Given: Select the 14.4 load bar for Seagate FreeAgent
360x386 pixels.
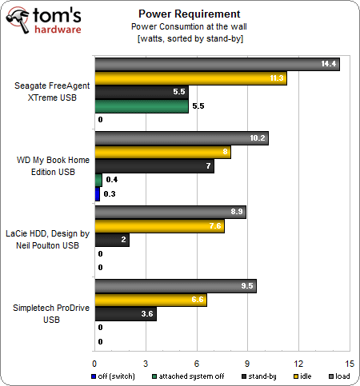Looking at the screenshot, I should pos(216,64).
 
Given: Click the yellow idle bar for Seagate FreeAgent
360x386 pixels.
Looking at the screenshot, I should pos(190,78).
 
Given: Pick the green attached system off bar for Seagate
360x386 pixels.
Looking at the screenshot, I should pos(142,106).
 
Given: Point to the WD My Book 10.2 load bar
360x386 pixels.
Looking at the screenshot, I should pos(181,137).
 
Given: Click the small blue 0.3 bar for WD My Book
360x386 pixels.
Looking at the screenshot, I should pos(98,193).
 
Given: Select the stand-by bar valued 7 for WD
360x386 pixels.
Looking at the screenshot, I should pos(154,166).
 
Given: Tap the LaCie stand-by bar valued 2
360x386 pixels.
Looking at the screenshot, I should pos(111,240).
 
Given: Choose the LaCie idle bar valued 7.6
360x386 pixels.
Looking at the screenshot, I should pos(159,226).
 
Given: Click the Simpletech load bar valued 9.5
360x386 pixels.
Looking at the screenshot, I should pos(174,285).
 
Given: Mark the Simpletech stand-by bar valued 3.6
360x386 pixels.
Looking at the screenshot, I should pos(125,314).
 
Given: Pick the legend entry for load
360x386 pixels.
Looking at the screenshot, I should pos(340,374).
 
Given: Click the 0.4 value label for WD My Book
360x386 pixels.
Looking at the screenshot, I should pos(112,180).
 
